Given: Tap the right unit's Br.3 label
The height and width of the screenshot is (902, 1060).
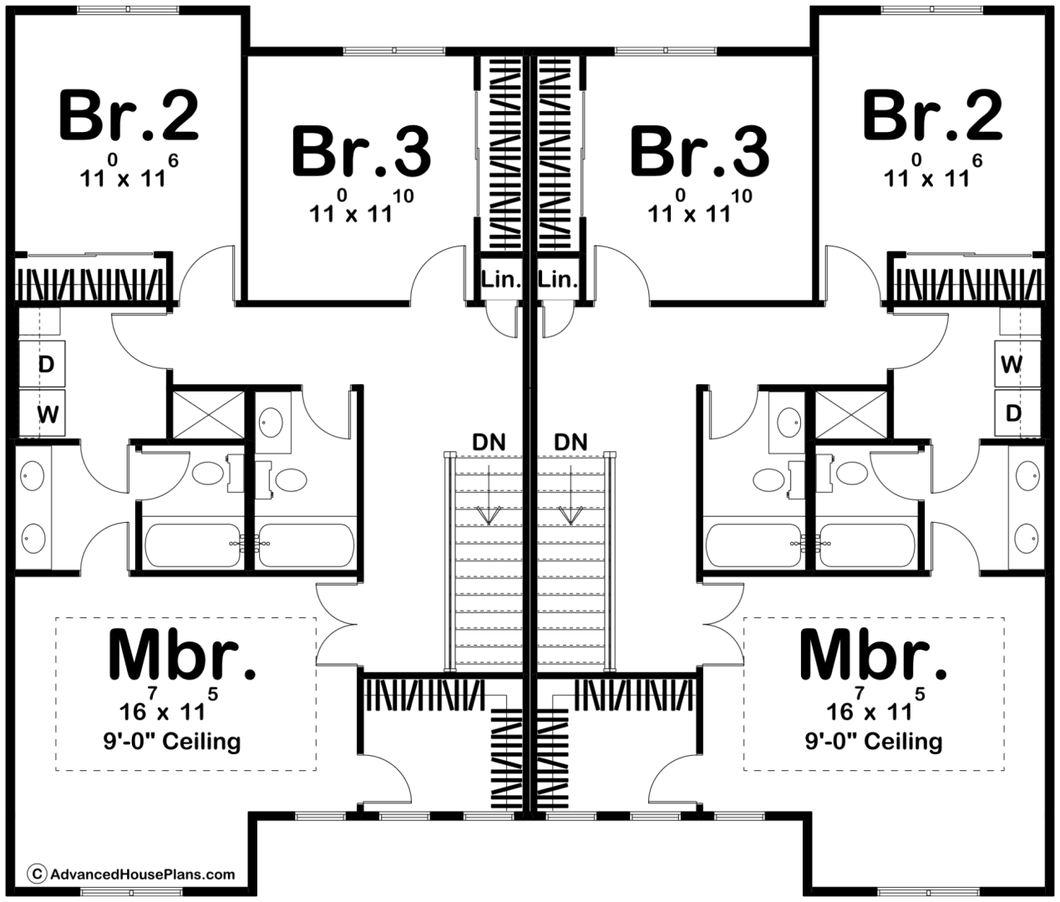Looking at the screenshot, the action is tap(699, 152).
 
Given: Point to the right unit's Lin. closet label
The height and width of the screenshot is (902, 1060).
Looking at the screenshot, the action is tap(558, 280).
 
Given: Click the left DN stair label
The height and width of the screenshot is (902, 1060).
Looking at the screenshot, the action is tap(489, 442).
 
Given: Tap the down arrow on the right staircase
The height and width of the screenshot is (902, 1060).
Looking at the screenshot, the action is tap(571, 494).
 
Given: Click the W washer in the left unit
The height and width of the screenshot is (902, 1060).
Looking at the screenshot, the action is tap(47, 413).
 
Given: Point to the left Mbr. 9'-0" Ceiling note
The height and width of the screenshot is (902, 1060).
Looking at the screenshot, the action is tap(172, 741).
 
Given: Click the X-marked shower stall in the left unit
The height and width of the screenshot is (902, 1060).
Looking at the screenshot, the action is tap(208, 414).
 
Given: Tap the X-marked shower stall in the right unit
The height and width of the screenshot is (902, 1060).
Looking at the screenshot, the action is tap(851, 414).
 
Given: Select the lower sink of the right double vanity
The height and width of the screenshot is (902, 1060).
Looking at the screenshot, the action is tap(1027, 538).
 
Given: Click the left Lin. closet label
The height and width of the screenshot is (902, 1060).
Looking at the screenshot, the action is tap(501, 280).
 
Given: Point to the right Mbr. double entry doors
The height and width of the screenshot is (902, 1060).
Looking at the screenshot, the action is tap(723, 624).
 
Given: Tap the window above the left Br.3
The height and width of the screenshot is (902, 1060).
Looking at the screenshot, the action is tap(394, 51).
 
